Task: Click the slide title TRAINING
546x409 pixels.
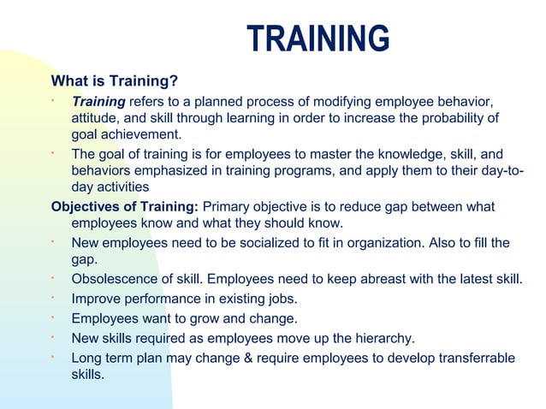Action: (x=318, y=39)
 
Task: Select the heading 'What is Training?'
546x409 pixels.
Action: (x=115, y=82)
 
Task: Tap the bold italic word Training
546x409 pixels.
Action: (x=98, y=104)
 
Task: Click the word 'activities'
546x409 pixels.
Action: (x=122, y=186)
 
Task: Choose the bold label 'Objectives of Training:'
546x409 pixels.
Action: (x=125, y=206)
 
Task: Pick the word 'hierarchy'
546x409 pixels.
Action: (x=380, y=338)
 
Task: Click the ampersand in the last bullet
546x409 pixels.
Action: (x=250, y=357)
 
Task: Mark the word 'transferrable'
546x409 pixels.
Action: (x=474, y=357)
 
